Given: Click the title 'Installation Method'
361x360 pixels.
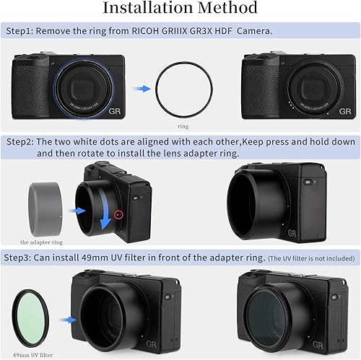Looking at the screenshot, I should [180, 9].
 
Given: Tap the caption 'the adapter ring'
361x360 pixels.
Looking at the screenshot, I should [43, 242].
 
